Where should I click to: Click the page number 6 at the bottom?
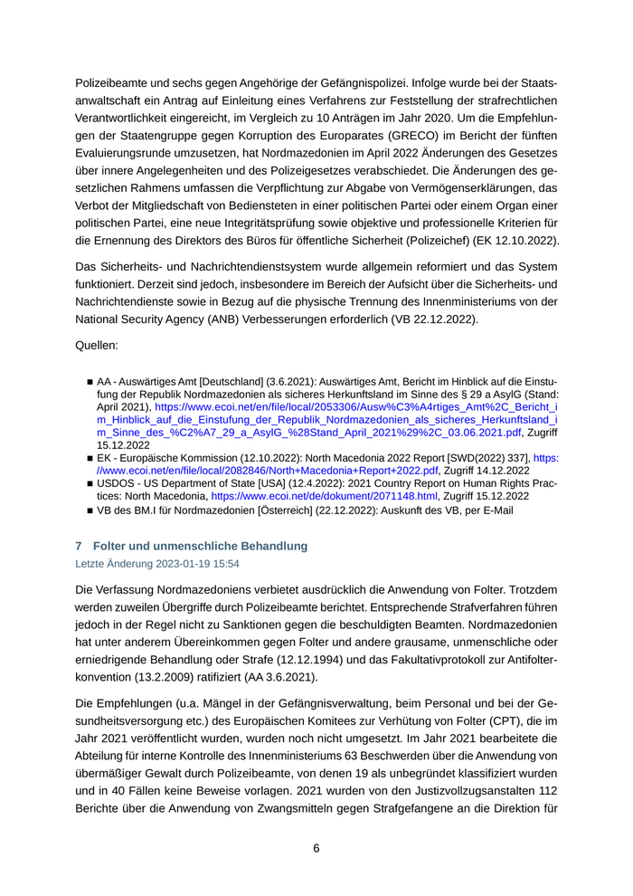[x=316, y=848]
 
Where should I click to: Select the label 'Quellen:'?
[x=99, y=345]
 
